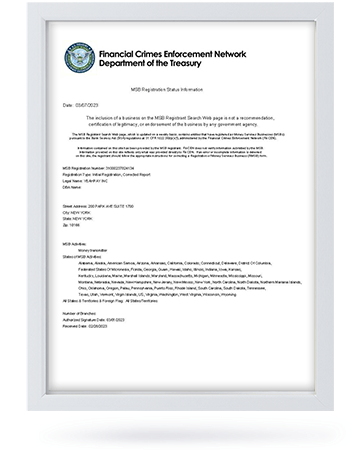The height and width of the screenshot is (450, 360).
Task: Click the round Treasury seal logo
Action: (81, 58)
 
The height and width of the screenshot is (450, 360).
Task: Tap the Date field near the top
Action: (84, 104)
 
